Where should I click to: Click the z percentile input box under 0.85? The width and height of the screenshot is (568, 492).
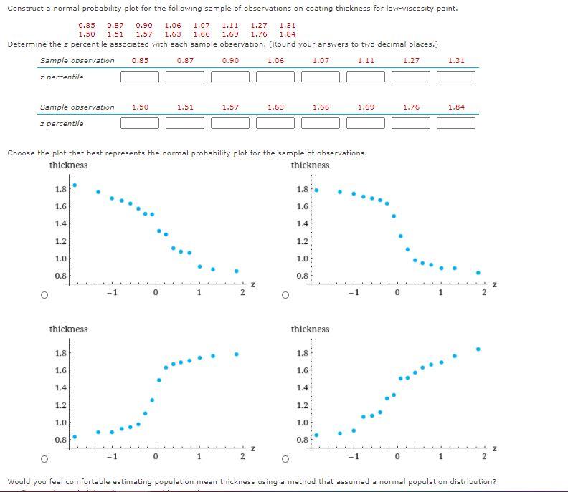pyautogui.click(x=140, y=77)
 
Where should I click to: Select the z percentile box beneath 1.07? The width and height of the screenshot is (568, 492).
pyautogui.click(x=321, y=77)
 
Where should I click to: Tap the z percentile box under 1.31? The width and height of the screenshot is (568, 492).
pyautogui.click(x=456, y=77)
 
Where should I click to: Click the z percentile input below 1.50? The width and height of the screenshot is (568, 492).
pyautogui.click(x=140, y=123)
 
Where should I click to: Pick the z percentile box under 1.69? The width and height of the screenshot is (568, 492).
pyautogui.click(x=366, y=123)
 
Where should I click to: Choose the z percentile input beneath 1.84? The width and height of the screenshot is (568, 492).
pyautogui.click(x=456, y=123)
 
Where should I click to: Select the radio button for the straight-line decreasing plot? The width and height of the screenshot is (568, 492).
pyautogui.click(x=44, y=294)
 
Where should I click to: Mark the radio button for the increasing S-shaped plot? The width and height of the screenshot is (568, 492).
pyautogui.click(x=44, y=458)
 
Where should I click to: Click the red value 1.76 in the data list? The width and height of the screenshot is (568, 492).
pyautogui.click(x=259, y=34)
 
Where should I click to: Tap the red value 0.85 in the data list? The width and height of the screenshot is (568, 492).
pyautogui.click(x=86, y=25)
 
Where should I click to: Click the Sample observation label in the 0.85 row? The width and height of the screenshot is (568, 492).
pyautogui.click(x=77, y=60)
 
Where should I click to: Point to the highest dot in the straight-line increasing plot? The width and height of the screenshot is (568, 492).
pyautogui.click(x=478, y=349)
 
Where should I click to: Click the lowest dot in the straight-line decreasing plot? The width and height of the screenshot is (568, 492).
pyautogui.click(x=236, y=271)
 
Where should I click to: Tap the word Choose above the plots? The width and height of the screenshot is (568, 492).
pyautogui.click(x=20, y=153)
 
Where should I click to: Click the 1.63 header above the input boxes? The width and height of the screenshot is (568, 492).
pyautogui.click(x=275, y=107)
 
